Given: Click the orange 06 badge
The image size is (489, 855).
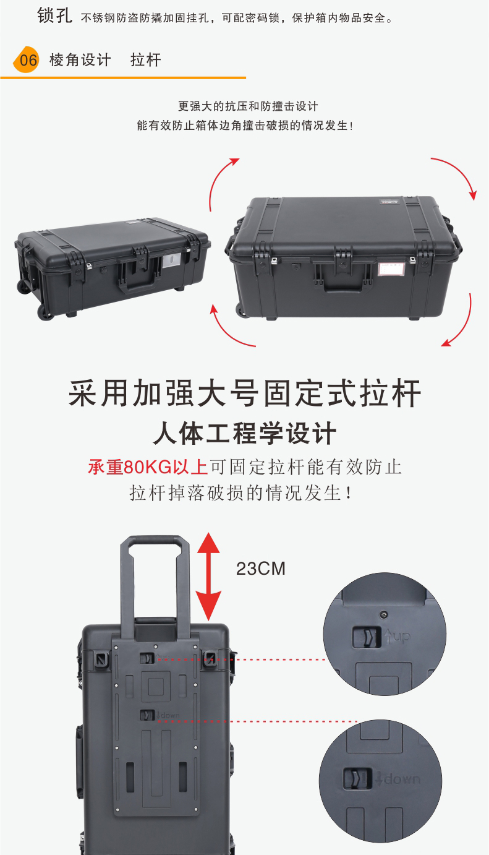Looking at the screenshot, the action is (x=27, y=59).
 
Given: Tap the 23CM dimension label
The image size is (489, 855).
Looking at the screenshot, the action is (x=260, y=569).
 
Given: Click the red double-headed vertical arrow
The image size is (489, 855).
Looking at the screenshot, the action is (x=209, y=576).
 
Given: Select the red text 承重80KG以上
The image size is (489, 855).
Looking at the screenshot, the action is (x=148, y=467).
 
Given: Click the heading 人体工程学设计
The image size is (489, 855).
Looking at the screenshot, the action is (x=245, y=433).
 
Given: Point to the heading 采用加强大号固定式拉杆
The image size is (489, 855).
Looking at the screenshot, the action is (x=245, y=393).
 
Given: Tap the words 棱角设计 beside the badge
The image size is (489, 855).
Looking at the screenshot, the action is (x=80, y=60).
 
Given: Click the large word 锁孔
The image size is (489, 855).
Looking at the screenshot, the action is (x=54, y=16).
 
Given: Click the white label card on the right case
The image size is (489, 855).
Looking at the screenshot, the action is (x=391, y=269).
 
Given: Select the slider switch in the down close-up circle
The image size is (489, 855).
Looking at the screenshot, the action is (x=357, y=778).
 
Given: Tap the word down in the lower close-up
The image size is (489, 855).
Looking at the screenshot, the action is (x=402, y=779).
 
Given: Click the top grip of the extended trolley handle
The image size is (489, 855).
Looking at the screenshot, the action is (x=155, y=539).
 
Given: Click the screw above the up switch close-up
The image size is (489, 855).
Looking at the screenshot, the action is (x=385, y=614).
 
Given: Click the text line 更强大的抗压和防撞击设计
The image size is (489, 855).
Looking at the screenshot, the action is (x=248, y=106).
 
